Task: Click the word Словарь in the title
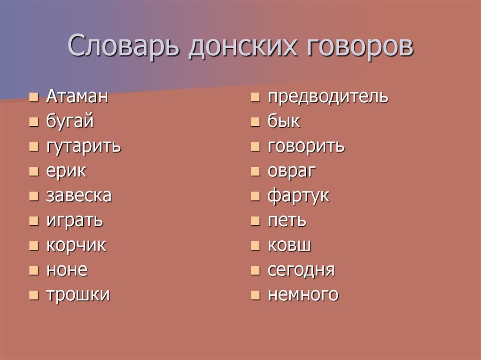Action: (x=123, y=46)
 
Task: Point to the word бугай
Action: (x=70, y=122)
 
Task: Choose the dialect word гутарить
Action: (x=84, y=146)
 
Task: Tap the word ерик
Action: (x=66, y=171)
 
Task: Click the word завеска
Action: (x=79, y=196)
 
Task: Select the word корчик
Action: (x=77, y=245)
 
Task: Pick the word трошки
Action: (x=78, y=295)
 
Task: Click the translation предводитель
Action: (x=328, y=97)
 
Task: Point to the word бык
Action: (x=284, y=121)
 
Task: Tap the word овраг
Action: (x=292, y=171)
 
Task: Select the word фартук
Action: (x=298, y=196)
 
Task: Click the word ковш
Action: (x=289, y=245)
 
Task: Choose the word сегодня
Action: (x=301, y=270)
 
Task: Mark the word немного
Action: (x=303, y=295)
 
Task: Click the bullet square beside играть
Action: (x=34, y=221)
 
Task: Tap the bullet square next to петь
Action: (x=255, y=221)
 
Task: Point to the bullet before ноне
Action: (x=34, y=270)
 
